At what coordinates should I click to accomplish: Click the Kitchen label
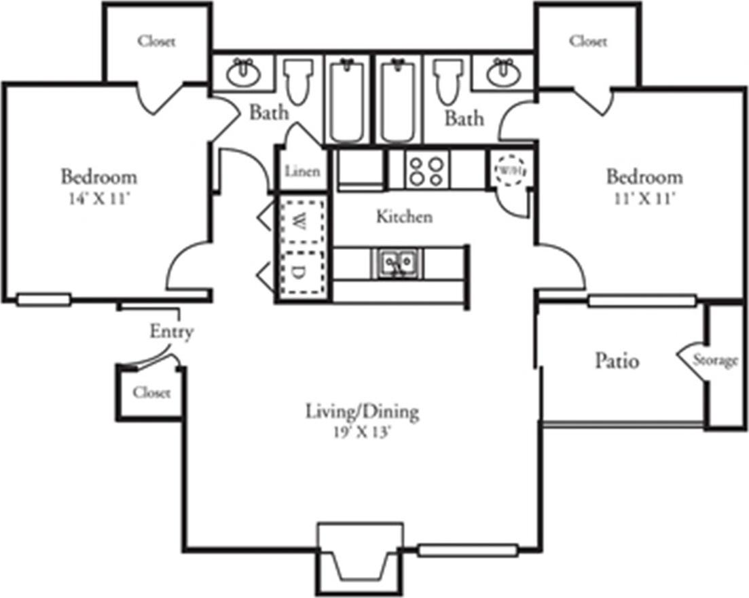click(x=404, y=217)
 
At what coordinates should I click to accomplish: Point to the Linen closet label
click(x=302, y=171)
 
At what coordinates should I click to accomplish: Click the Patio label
click(x=617, y=360)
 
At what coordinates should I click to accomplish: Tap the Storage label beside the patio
click(x=715, y=360)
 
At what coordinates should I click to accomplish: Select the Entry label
click(x=171, y=332)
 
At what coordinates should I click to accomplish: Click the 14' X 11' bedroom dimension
click(x=99, y=199)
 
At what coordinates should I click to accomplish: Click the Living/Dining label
click(x=361, y=412)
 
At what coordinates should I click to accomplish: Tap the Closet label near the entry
click(x=151, y=393)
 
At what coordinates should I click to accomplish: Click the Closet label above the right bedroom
click(x=588, y=41)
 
